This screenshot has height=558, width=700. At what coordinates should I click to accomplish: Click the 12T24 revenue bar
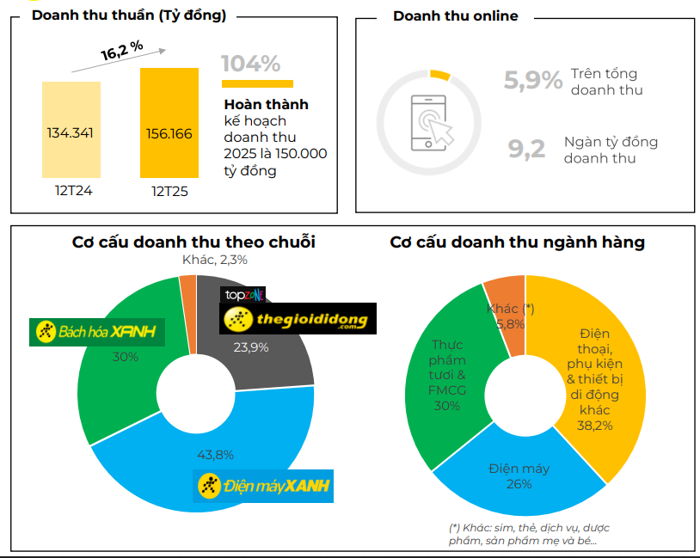pyautogui.click(x=71, y=129)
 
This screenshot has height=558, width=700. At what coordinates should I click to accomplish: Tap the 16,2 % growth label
pyautogui.click(x=122, y=52)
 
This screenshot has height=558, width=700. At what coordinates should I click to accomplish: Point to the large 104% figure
pyautogui.click(x=250, y=64)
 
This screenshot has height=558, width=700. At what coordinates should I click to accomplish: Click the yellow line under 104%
pyautogui.click(x=257, y=84)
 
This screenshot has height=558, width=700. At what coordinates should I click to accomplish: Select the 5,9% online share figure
pyautogui.click(x=532, y=81)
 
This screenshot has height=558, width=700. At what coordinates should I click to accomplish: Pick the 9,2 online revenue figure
pyautogui.click(x=526, y=150)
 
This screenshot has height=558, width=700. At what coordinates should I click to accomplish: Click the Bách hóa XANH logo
pyautogui.click(x=97, y=332)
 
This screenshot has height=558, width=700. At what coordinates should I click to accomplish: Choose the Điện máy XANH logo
pyautogui.click(x=263, y=486)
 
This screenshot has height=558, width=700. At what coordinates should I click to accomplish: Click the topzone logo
pyautogui.click(x=243, y=295)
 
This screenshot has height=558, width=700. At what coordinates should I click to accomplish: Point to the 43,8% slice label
pyautogui.click(x=216, y=455)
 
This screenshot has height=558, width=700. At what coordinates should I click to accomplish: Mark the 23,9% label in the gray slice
pyautogui.click(x=251, y=347)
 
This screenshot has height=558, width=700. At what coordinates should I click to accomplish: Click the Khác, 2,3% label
pyautogui.click(x=215, y=260)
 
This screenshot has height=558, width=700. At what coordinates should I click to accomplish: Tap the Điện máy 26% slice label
pyautogui.click(x=519, y=475)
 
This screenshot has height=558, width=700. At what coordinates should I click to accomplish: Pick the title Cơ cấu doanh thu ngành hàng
pyautogui.click(x=517, y=242)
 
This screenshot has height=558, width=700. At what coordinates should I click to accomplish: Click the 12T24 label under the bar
pyautogui.click(x=71, y=189)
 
